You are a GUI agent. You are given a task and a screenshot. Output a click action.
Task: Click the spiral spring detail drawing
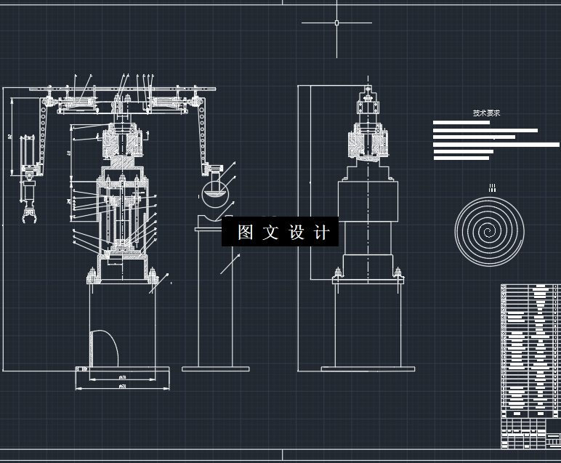click(x=490, y=231)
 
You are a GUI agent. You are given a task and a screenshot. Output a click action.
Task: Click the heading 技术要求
click(x=486, y=113)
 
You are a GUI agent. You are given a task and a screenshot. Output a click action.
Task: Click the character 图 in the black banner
click(x=245, y=233)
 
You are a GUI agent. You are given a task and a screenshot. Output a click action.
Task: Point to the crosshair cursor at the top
click(x=336, y=23)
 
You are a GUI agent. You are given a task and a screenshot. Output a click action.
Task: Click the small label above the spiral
click(x=492, y=188)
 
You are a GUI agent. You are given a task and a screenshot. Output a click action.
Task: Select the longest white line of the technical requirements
click(x=496, y=145)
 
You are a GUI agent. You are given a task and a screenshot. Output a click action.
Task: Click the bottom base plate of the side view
click(x=368, y=369)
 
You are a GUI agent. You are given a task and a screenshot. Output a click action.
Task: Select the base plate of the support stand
click(x=215, y=369)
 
